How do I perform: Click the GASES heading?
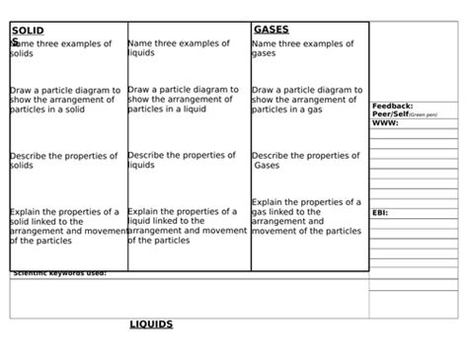coord(272,31)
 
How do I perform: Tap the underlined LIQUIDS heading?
coord(152,324)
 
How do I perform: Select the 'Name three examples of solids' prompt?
coord(61,48)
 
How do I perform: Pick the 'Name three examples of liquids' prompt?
coord(179,48)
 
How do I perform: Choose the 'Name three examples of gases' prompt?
coord(303,48)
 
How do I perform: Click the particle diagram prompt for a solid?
coord(65,100)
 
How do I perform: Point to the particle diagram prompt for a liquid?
coord(184,100)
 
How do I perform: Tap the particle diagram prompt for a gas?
coord(307,100)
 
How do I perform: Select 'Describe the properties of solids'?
coord(64,160)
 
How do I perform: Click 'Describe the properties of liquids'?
coord(182,160)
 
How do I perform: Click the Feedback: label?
coord(393,106)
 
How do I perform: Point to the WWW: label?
coord(386,124)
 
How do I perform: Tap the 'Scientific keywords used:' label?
coord(59,273)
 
